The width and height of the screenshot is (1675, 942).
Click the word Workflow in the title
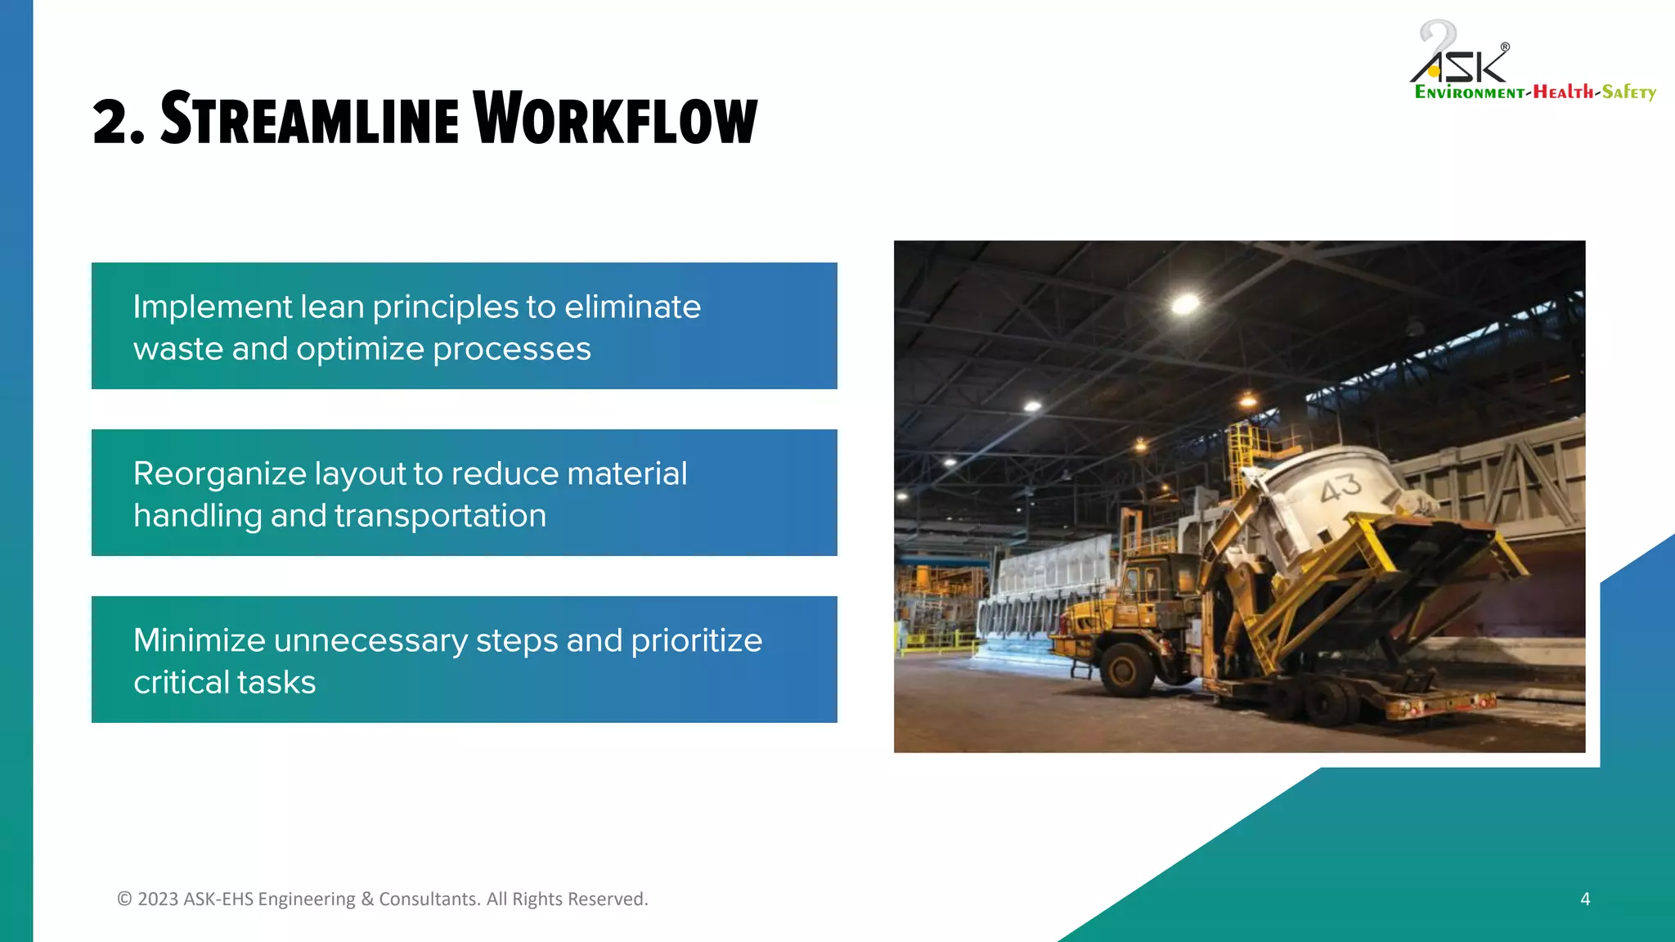click(x=615, y=119)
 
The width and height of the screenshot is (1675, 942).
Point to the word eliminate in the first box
click(x=632, y=307)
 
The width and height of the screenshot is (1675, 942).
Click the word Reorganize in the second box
click(x=219, y=474)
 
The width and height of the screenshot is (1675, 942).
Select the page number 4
click(x=1585, y=899)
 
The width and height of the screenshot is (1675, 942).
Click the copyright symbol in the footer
click(x=124, y=899)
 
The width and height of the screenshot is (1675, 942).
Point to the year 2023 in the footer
click(x=158, y=899)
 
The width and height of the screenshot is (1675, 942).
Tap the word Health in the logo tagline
click(x=1563, y=92)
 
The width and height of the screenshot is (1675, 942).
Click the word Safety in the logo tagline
click(x=1628, y=92)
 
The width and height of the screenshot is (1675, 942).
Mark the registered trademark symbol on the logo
click(x=1505, y=47)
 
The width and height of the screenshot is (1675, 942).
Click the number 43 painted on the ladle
click(x=1340, y=488)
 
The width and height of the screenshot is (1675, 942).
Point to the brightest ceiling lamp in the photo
click(x=1185, y=305)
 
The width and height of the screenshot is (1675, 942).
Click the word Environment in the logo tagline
click(x=1469, y=92)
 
